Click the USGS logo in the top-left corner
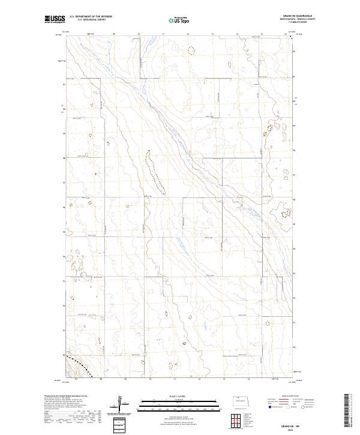(x=55, y=19)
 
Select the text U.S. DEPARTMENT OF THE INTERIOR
(x=91, y=16)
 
